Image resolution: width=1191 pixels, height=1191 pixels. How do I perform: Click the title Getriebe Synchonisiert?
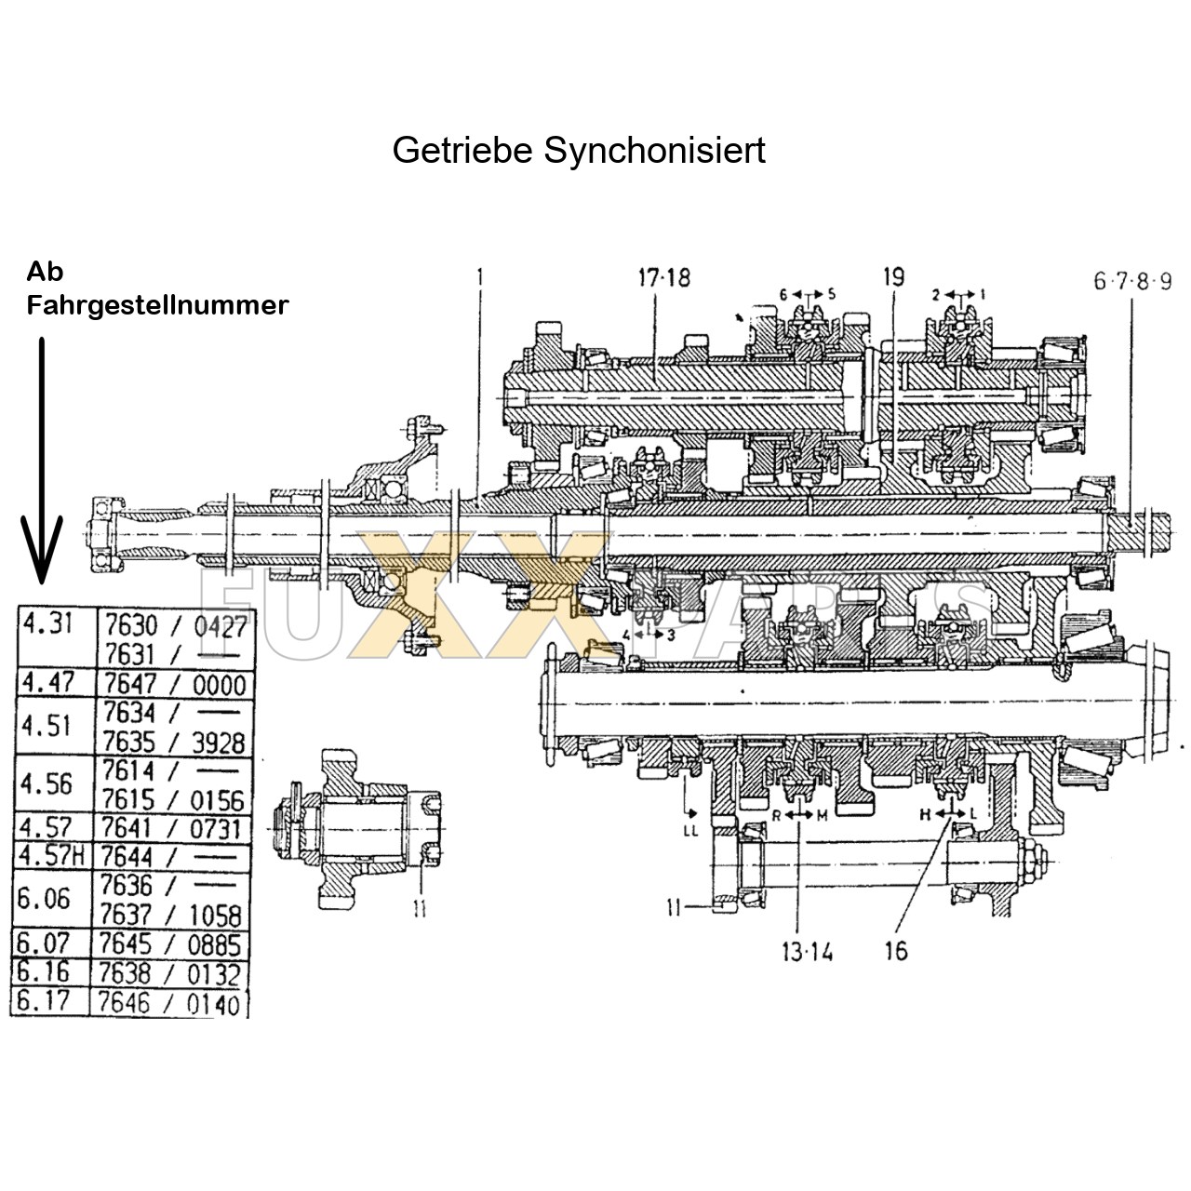579,150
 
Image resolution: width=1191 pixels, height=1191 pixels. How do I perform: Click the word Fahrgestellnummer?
157,305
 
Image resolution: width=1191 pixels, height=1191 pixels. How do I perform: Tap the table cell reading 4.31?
47,623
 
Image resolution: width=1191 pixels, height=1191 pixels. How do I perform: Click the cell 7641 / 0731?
173,828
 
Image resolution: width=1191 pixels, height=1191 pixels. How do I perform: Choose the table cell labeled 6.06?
44,899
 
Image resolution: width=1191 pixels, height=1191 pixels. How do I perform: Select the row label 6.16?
44,973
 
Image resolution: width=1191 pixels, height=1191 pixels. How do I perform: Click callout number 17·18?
663,277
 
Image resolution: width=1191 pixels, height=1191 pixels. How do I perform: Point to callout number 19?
893,277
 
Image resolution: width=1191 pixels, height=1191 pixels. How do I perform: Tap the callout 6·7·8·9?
1131,280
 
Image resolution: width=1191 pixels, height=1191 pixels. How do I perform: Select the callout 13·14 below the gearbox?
807,952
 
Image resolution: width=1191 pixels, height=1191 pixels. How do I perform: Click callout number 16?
895,952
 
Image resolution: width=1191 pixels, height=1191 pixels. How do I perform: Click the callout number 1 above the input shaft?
480,276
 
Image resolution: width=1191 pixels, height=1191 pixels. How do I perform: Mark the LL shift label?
689,831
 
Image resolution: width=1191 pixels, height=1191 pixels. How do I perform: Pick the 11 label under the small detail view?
420,907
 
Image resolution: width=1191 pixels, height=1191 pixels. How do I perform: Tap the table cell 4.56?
46,784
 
